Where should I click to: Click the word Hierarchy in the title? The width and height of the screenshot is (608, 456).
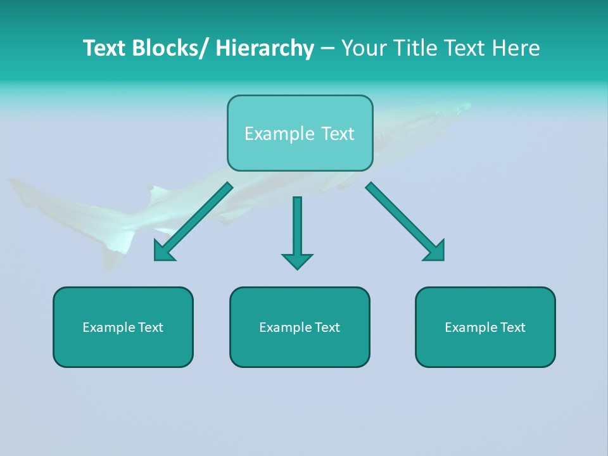coord(265,48)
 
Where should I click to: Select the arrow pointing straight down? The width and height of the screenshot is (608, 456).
coord(297,228)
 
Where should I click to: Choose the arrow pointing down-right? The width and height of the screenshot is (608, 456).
coord(405,222)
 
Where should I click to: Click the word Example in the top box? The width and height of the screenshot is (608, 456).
coord(279,134)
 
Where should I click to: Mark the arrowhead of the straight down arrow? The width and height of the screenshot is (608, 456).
coord(297,260)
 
